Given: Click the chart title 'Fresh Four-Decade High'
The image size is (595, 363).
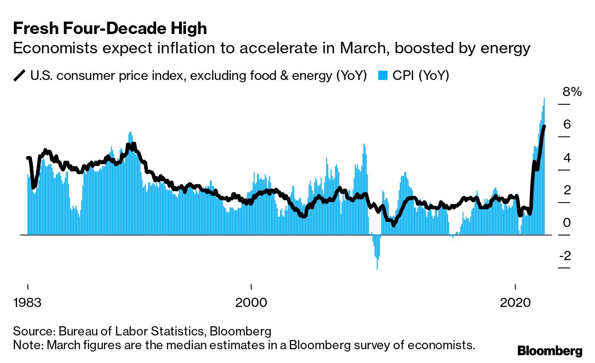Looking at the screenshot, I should click(110, 29).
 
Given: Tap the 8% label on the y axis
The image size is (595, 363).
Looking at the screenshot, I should click(572, 92).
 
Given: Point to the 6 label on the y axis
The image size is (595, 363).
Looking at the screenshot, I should click(567, 125).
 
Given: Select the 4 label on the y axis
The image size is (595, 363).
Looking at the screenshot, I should click(567, 158).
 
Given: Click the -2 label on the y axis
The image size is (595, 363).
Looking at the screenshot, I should click(565, 255).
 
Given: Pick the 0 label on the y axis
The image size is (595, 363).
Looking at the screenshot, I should click(567, 223).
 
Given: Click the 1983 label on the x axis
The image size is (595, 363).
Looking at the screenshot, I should click(28, 303).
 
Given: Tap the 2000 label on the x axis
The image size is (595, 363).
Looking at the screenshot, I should click(251, 303).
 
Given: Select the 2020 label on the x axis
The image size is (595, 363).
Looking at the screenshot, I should click(516, 303).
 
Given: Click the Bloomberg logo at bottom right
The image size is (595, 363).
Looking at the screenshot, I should click(550, 351).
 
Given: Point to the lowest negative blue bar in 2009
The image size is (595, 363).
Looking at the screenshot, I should click(377, 268).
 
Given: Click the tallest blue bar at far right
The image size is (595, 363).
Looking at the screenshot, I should click(544, 98).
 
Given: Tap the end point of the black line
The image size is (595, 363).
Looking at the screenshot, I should click(544, 126).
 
